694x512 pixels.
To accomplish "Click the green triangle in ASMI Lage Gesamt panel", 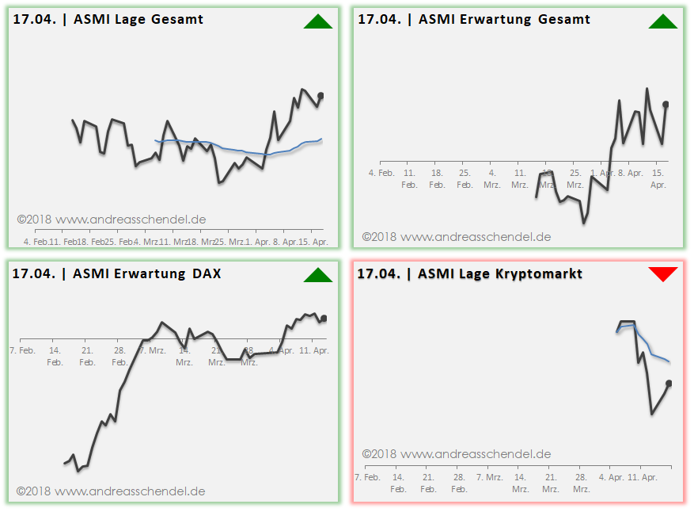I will pos(317,22).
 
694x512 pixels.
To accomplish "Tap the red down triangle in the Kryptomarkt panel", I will pos(662,274).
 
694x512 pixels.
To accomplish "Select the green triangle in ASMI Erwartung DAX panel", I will pos(317,275).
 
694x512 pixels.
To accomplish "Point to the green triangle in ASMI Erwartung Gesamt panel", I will pos(662,22).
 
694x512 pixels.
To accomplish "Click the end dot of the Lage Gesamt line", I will pos(320,96).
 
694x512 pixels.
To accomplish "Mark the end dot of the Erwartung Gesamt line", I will pos(666,104).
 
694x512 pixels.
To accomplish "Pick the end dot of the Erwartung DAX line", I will pos(323,319).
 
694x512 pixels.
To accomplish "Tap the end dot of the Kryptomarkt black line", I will pos(669,384).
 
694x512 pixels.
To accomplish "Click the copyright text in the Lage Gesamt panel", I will pos(112,220).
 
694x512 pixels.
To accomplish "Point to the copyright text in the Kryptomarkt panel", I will pos(457,454).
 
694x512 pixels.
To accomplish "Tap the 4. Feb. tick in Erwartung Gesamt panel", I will pos(381,172).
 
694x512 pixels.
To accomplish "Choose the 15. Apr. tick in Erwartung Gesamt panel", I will pos(658,178).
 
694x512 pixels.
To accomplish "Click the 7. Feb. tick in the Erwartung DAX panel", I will pos(22,350).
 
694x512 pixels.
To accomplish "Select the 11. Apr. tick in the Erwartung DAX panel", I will pos(314,350).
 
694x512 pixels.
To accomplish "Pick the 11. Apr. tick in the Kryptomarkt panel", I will pos(643,477).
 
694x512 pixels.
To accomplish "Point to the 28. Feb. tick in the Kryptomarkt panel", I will pos(459,483).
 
